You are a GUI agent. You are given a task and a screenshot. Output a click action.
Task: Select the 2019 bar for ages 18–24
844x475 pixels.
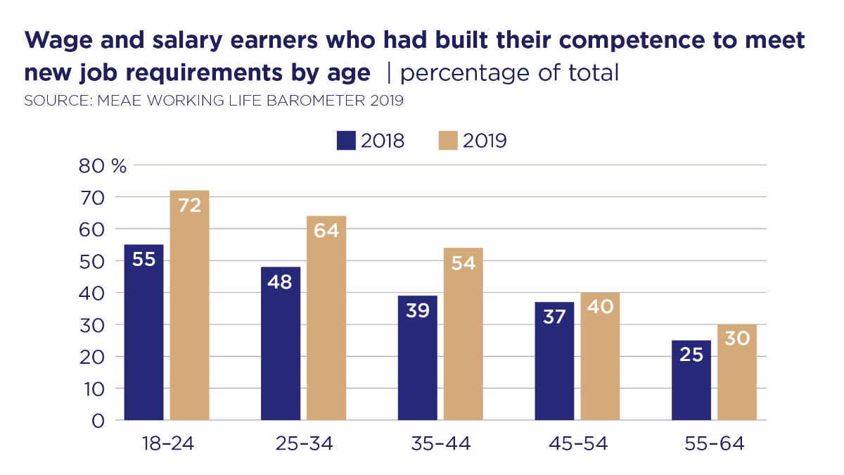[190, 305]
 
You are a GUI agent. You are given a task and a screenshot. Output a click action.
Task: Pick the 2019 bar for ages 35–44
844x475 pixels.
[463, 334]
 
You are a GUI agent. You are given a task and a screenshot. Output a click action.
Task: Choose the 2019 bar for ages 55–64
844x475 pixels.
[737, 372]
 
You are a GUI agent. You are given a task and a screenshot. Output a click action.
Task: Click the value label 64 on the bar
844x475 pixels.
[326, 230]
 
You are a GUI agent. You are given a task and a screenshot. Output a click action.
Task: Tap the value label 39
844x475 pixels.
[417, 310]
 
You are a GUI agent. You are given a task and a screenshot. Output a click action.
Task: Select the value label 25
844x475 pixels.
[691, 355]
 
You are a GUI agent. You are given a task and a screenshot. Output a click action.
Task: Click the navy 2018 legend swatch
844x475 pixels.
[347, 141]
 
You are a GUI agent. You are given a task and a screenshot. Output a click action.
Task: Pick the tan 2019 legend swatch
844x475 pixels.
[448, 141]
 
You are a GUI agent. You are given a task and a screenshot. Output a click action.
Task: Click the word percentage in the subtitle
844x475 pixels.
[456, 72]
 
